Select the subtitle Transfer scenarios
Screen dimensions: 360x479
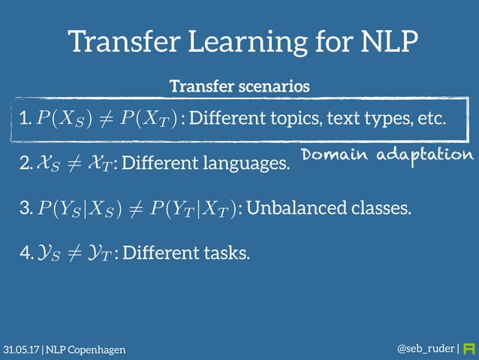(x=239, y=86)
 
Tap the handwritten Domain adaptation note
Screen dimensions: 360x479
(x=387, y=154)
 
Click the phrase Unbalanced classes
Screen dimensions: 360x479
(x=329, y=207)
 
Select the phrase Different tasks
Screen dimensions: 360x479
(x=185, y=253)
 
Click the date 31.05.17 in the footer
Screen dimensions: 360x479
(x=21, y=349)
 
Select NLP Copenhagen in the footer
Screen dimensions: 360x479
(x=86, y=349)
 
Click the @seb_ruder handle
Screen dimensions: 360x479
(x=425, y=349)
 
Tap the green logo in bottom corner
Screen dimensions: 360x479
(x=470, y=349)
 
